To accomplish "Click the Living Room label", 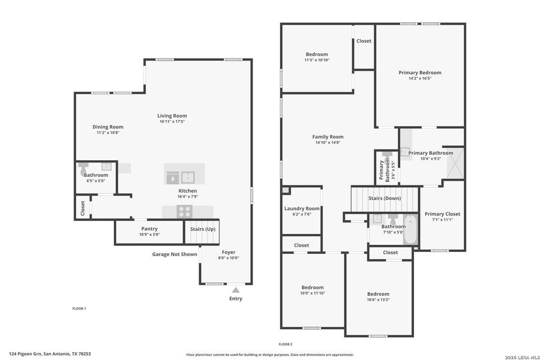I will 172,116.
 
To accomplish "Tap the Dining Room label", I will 108,127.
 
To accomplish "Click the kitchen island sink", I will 188,177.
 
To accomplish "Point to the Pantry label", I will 149,229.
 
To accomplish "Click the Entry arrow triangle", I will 235,290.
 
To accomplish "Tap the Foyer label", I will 229,253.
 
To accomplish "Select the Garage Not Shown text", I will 175,254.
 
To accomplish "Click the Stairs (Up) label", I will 202,229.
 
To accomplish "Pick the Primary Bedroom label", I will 420,73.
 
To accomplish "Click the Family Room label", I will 328,137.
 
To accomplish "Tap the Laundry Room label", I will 302,208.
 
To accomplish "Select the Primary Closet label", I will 442,214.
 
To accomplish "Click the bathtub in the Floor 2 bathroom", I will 410,231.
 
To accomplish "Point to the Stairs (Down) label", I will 385,198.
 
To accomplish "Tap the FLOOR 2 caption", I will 286,344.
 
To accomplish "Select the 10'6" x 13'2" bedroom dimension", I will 379,299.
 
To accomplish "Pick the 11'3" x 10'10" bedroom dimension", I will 317,60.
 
